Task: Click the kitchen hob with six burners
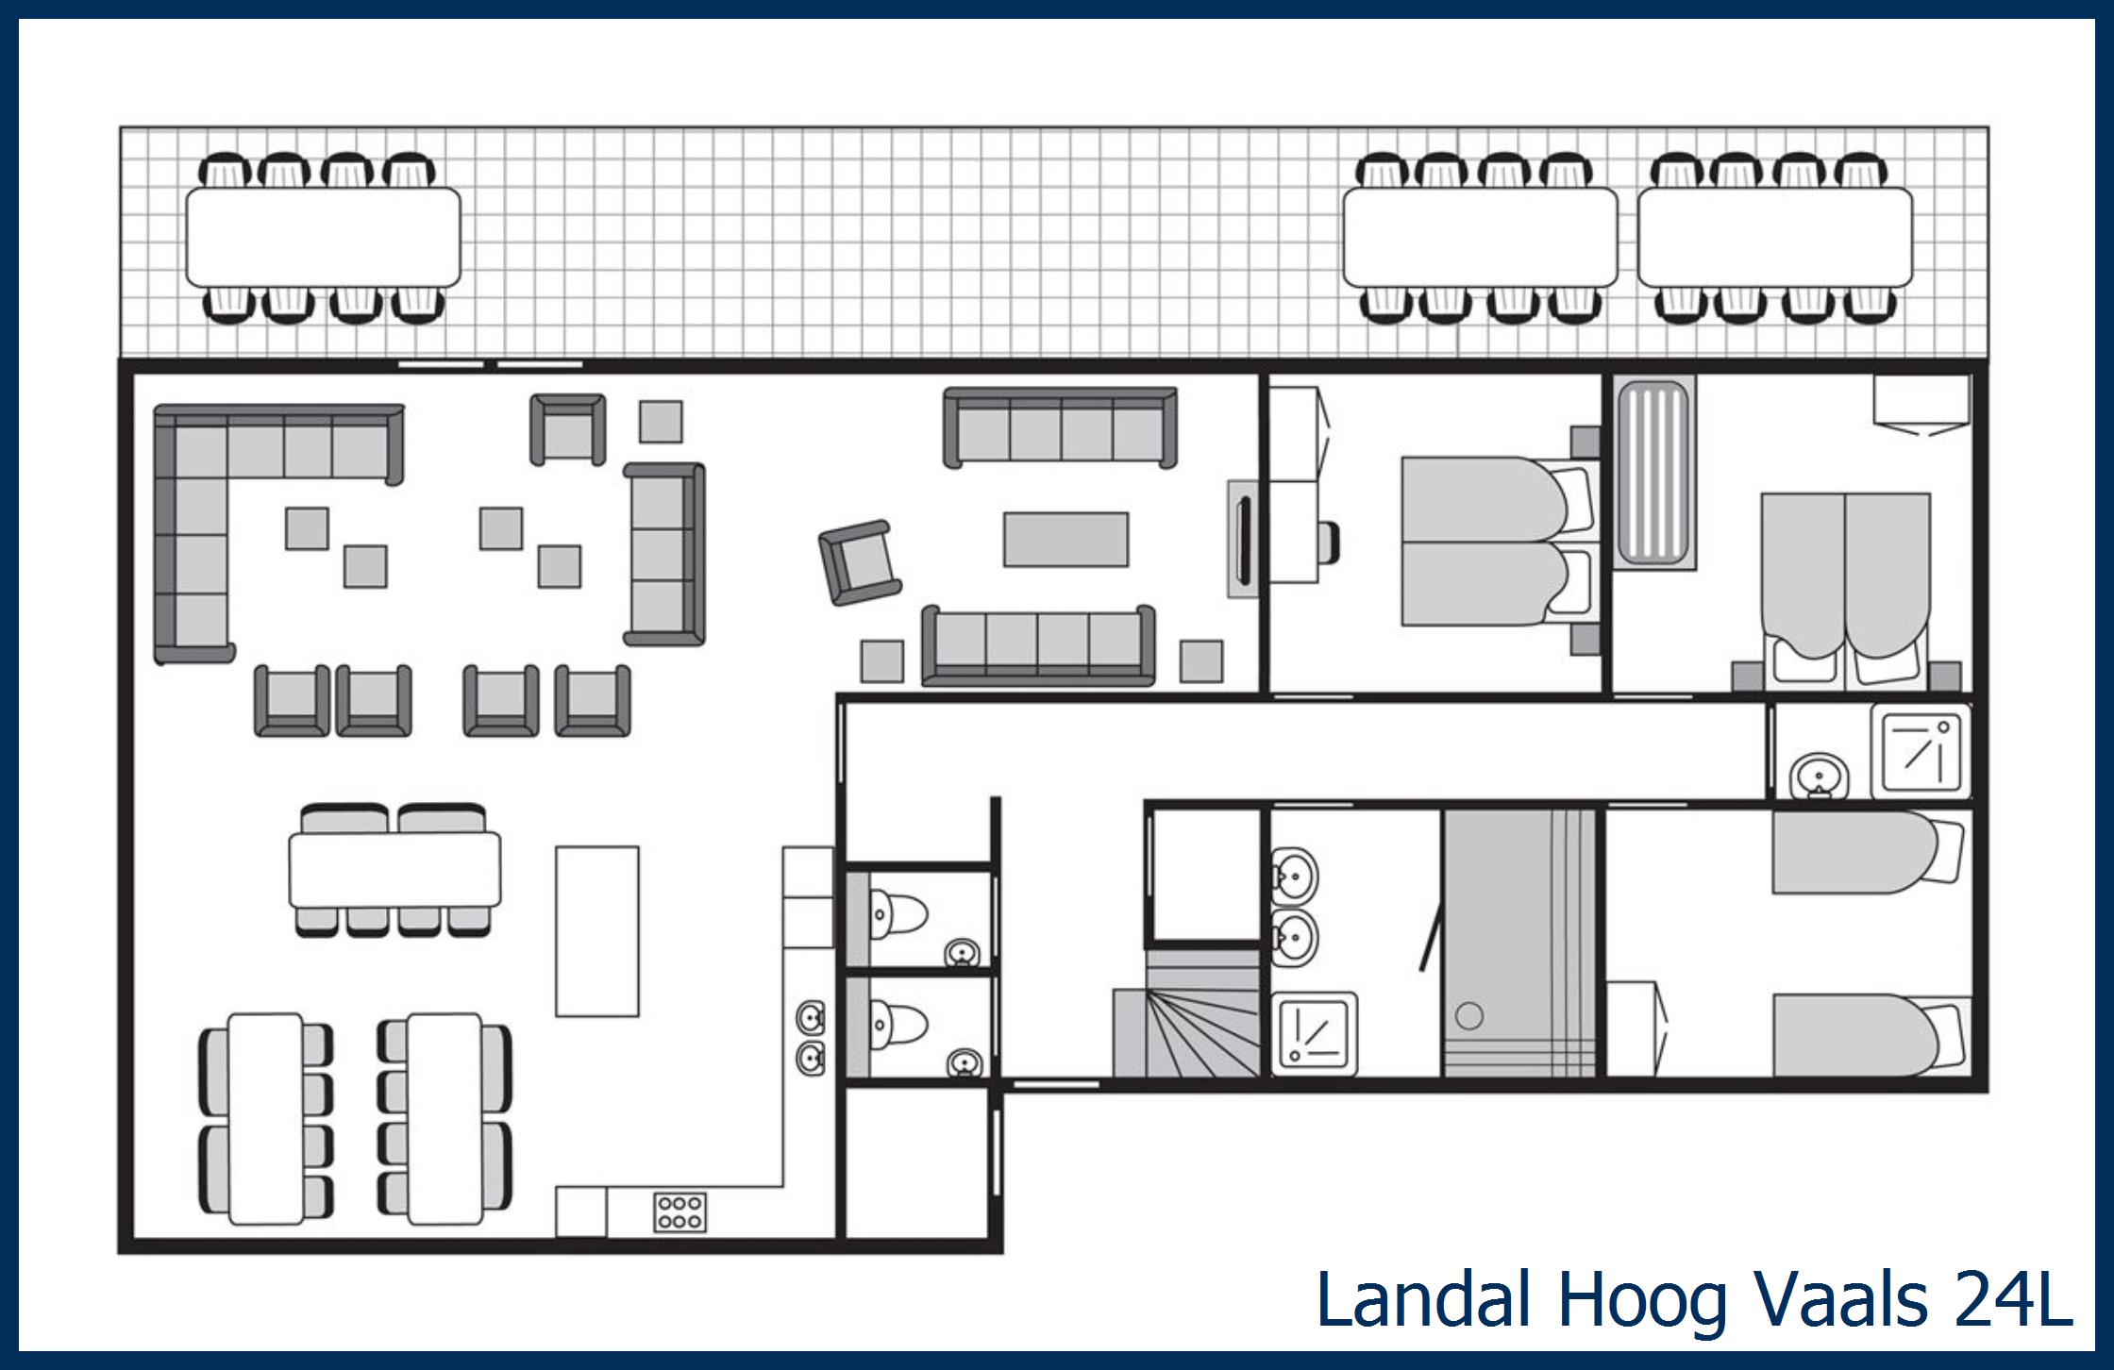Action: tap(679, 1212)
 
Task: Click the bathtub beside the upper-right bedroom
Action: tap(1653, 472)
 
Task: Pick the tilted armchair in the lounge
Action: tap(860, 562)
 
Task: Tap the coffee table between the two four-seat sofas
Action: tap(1065, 540)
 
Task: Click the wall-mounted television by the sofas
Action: tap(1243, 539)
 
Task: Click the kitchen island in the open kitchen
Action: tap(596, 931)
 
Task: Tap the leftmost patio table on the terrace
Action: tap(323, 237)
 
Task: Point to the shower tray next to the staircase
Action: tap(1314, 1034)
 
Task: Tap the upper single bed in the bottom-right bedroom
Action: tap(1854, 852)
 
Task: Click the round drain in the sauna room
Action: tap(1469, 1016)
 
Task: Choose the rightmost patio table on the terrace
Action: tap(1774, 237)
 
